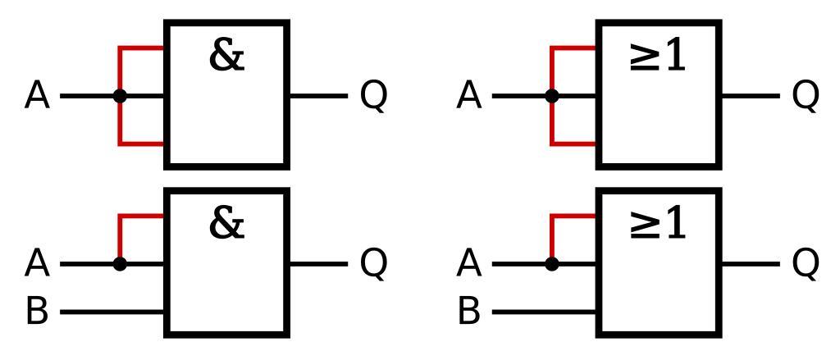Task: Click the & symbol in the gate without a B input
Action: pos(227,56)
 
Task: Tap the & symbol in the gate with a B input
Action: pos(227,223)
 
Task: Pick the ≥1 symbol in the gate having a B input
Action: pos(658,225)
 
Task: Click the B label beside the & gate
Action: pos(37,312)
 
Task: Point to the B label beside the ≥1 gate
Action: pos(468,312)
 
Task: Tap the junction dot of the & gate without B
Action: pos(121,96)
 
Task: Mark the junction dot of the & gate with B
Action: pos(121,264)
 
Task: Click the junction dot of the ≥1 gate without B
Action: pos(552,96)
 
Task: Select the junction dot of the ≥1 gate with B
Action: pos(552,264)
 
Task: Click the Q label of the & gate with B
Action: pos(373,264)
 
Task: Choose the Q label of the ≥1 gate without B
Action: pos(805,97)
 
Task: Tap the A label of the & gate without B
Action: pos(38,97)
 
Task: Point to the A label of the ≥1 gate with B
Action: pos(468,264)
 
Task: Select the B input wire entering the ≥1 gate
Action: pos(545,312)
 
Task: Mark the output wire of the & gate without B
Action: pos(318,96)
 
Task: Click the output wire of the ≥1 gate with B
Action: pos(750,264)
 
